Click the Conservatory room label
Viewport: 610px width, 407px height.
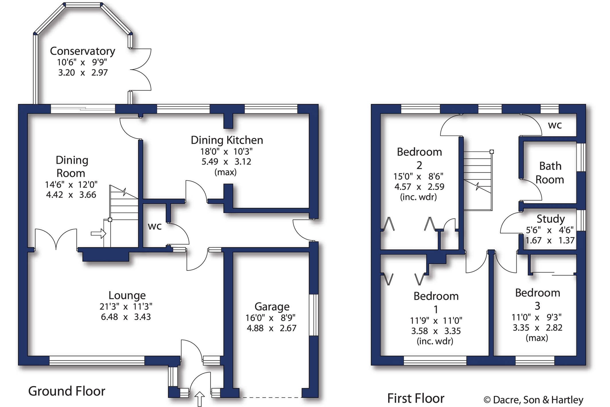(82, 51)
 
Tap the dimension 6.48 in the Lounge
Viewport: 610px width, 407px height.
(109, 317)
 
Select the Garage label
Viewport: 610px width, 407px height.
(272, 307)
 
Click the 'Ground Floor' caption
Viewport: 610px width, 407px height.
(67, 391)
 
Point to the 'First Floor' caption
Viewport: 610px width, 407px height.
(415, 398)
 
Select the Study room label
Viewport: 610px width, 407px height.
(550, 219)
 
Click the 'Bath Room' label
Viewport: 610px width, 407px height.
(550, 173)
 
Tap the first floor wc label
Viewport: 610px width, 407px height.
(555, 125)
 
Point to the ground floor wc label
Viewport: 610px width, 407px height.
(154, 226)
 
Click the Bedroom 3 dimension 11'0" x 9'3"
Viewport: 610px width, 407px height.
(536, 317)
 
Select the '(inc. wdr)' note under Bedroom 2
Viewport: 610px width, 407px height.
(418, 197)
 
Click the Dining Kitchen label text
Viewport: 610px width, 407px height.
(227, 140)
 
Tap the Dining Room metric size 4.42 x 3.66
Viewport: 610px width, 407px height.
(71, 195)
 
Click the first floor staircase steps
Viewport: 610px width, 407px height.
(477, 172)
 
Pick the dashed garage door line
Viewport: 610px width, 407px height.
(270, 398)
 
